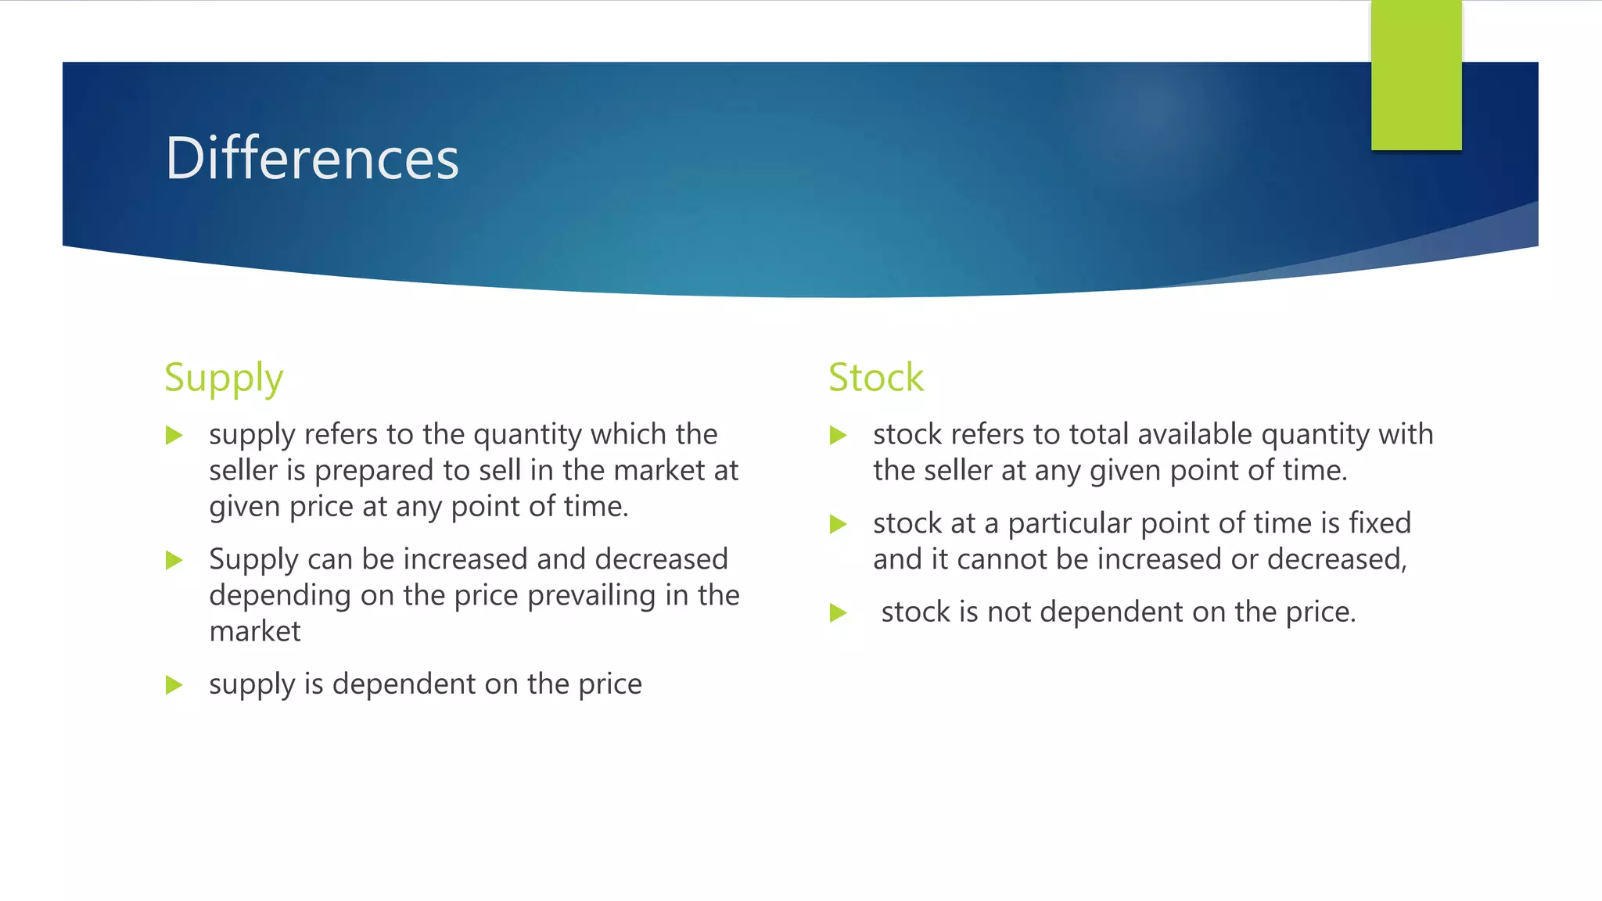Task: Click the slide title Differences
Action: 311,159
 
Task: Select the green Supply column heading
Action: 224,379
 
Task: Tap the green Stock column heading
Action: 875,378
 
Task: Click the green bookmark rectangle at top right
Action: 1416,75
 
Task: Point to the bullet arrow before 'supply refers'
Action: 174,435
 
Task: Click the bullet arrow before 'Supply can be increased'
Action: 174,560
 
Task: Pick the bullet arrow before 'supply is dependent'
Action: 174,685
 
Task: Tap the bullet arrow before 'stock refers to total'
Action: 839,435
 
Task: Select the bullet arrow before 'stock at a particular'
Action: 839,523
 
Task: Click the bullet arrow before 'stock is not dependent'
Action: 839,612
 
